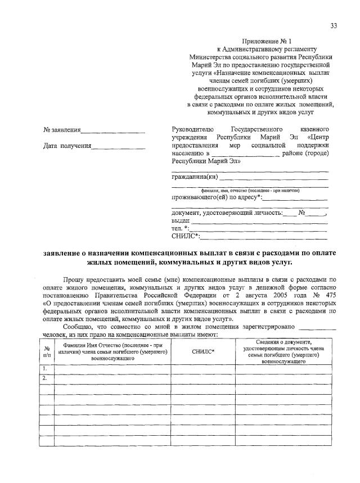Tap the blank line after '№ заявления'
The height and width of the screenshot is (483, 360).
coord(112,132)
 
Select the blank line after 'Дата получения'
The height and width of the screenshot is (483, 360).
coord(118,148)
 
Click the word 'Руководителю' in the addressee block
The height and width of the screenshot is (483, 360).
coord(192,129)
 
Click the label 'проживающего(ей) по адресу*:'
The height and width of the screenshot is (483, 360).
coord(216,197)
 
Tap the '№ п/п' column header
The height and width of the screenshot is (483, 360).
coord(47,351)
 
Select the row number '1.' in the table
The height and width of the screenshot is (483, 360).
coord(45,368)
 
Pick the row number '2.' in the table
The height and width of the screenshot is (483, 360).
coord(45,377)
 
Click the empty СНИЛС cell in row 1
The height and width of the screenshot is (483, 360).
coord(203,369)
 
